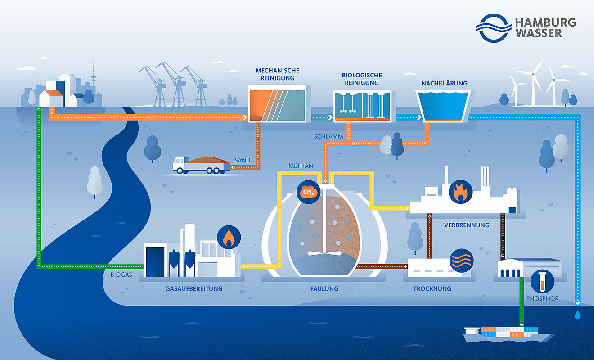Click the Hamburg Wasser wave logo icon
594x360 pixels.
pyautogui.click(x=494, y=27)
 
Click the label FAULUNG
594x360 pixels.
pyautogui.click(x=324, y=288)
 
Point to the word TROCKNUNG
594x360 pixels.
pyautogui.click(x=432, y=288)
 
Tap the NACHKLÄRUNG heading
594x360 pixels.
pyautogui.click(x=444, y=84)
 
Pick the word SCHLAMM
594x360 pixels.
pyautogui.click(x=329, y=136)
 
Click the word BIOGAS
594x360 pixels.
pyautogui.click(x=121, y=274)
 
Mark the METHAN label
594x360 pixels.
pyautogui.click(x=301, y=166)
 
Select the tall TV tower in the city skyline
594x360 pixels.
pyautogui.click(x=94, y=76)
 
